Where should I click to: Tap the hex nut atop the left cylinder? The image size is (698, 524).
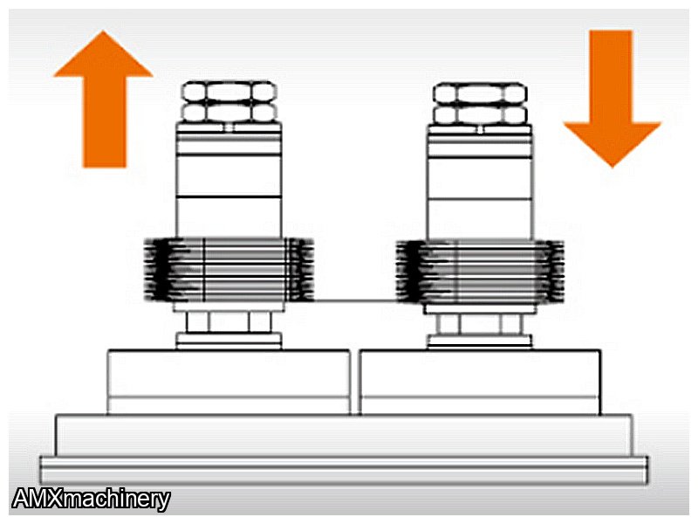coord(229,101)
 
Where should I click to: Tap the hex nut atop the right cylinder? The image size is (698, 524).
coord(480,104)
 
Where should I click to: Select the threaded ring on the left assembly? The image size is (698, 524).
coord(229,270)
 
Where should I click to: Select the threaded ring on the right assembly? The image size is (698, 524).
coord(480,272)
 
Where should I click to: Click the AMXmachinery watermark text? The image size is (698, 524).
coord(92,499)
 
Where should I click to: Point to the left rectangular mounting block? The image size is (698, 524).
coord(229,383)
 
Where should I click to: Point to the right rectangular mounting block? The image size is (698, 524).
coord(480,383)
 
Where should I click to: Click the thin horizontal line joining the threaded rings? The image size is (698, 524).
coord(355,300)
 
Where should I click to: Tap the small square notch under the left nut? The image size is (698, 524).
coord(229,128)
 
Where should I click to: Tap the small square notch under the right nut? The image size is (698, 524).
coord(479,129)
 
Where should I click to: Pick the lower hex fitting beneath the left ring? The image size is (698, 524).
coord(229,321)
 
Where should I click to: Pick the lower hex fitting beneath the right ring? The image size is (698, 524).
coord(480,324)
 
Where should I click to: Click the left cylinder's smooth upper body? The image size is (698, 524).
coord(229,180)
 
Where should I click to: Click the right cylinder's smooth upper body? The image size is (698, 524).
coord(479,182)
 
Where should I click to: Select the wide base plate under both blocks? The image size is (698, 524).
coord(343,435)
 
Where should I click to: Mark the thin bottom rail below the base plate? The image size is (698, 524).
coord(344,470)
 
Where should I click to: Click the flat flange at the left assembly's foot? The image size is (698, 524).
coord(229,341)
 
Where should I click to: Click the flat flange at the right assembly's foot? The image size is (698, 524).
coord(480,342)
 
